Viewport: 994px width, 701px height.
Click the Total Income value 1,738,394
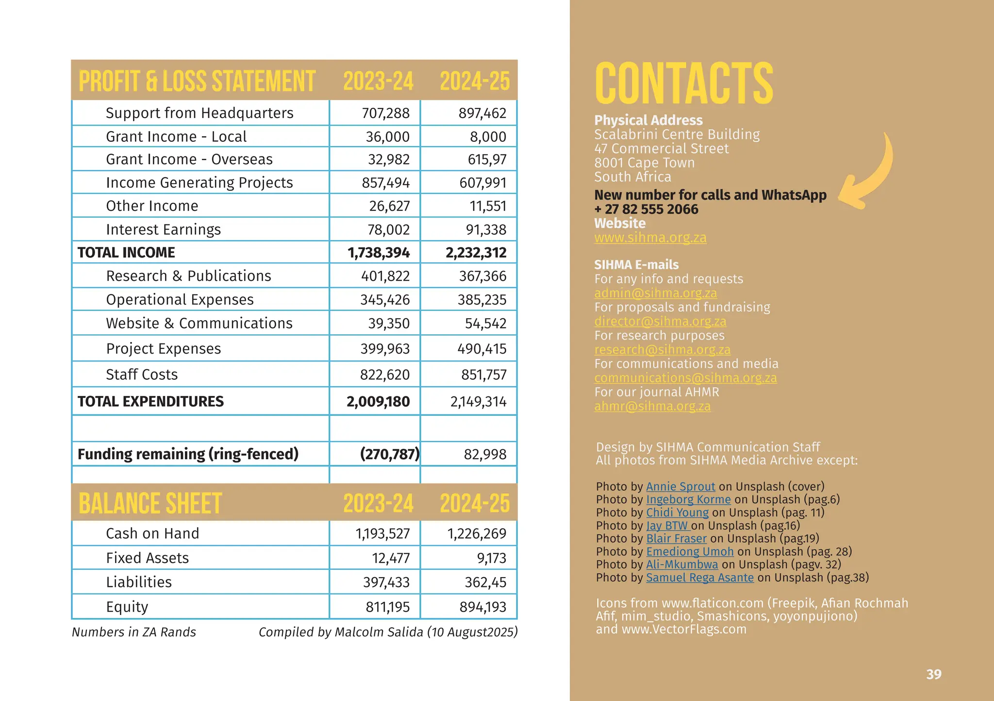[379, 253]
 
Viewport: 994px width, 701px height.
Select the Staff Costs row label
[142, 375]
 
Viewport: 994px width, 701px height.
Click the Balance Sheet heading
[150, 503]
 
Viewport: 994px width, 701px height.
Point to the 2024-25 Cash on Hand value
[477, 534]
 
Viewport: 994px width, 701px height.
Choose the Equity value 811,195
[387, 607]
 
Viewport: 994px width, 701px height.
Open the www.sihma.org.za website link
[650, 238]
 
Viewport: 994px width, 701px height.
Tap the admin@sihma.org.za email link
[655, 293]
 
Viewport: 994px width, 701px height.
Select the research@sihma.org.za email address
[662, 350]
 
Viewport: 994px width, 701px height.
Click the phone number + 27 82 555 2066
[646, 209]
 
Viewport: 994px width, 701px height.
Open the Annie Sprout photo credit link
[680, 487]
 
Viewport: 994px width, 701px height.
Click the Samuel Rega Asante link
[699, 578]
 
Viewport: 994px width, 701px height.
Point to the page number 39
[933, 674]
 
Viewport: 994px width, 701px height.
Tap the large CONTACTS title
[683, 83]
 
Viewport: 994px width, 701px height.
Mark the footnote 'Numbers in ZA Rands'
[134, 632]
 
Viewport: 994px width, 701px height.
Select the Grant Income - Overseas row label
[189, 159]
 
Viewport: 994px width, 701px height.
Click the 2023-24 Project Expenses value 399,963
[385, 349]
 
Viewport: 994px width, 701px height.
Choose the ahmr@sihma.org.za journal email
[652, 407]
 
